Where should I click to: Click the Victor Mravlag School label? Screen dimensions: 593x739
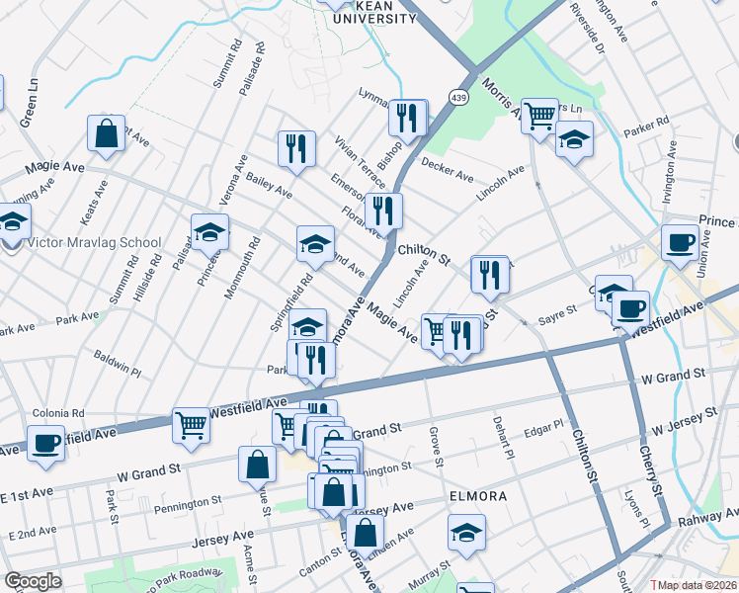pos(94,242)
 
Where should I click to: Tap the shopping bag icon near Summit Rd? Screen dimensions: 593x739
pos(106,133)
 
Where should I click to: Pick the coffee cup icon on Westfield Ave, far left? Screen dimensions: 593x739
pos(44,443)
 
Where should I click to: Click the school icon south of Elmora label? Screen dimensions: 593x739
pos(466,532)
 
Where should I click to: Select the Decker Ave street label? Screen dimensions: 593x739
pos(448,170)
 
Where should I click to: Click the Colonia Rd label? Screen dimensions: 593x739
pos(59,414)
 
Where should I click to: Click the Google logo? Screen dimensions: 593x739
pos(33,581)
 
